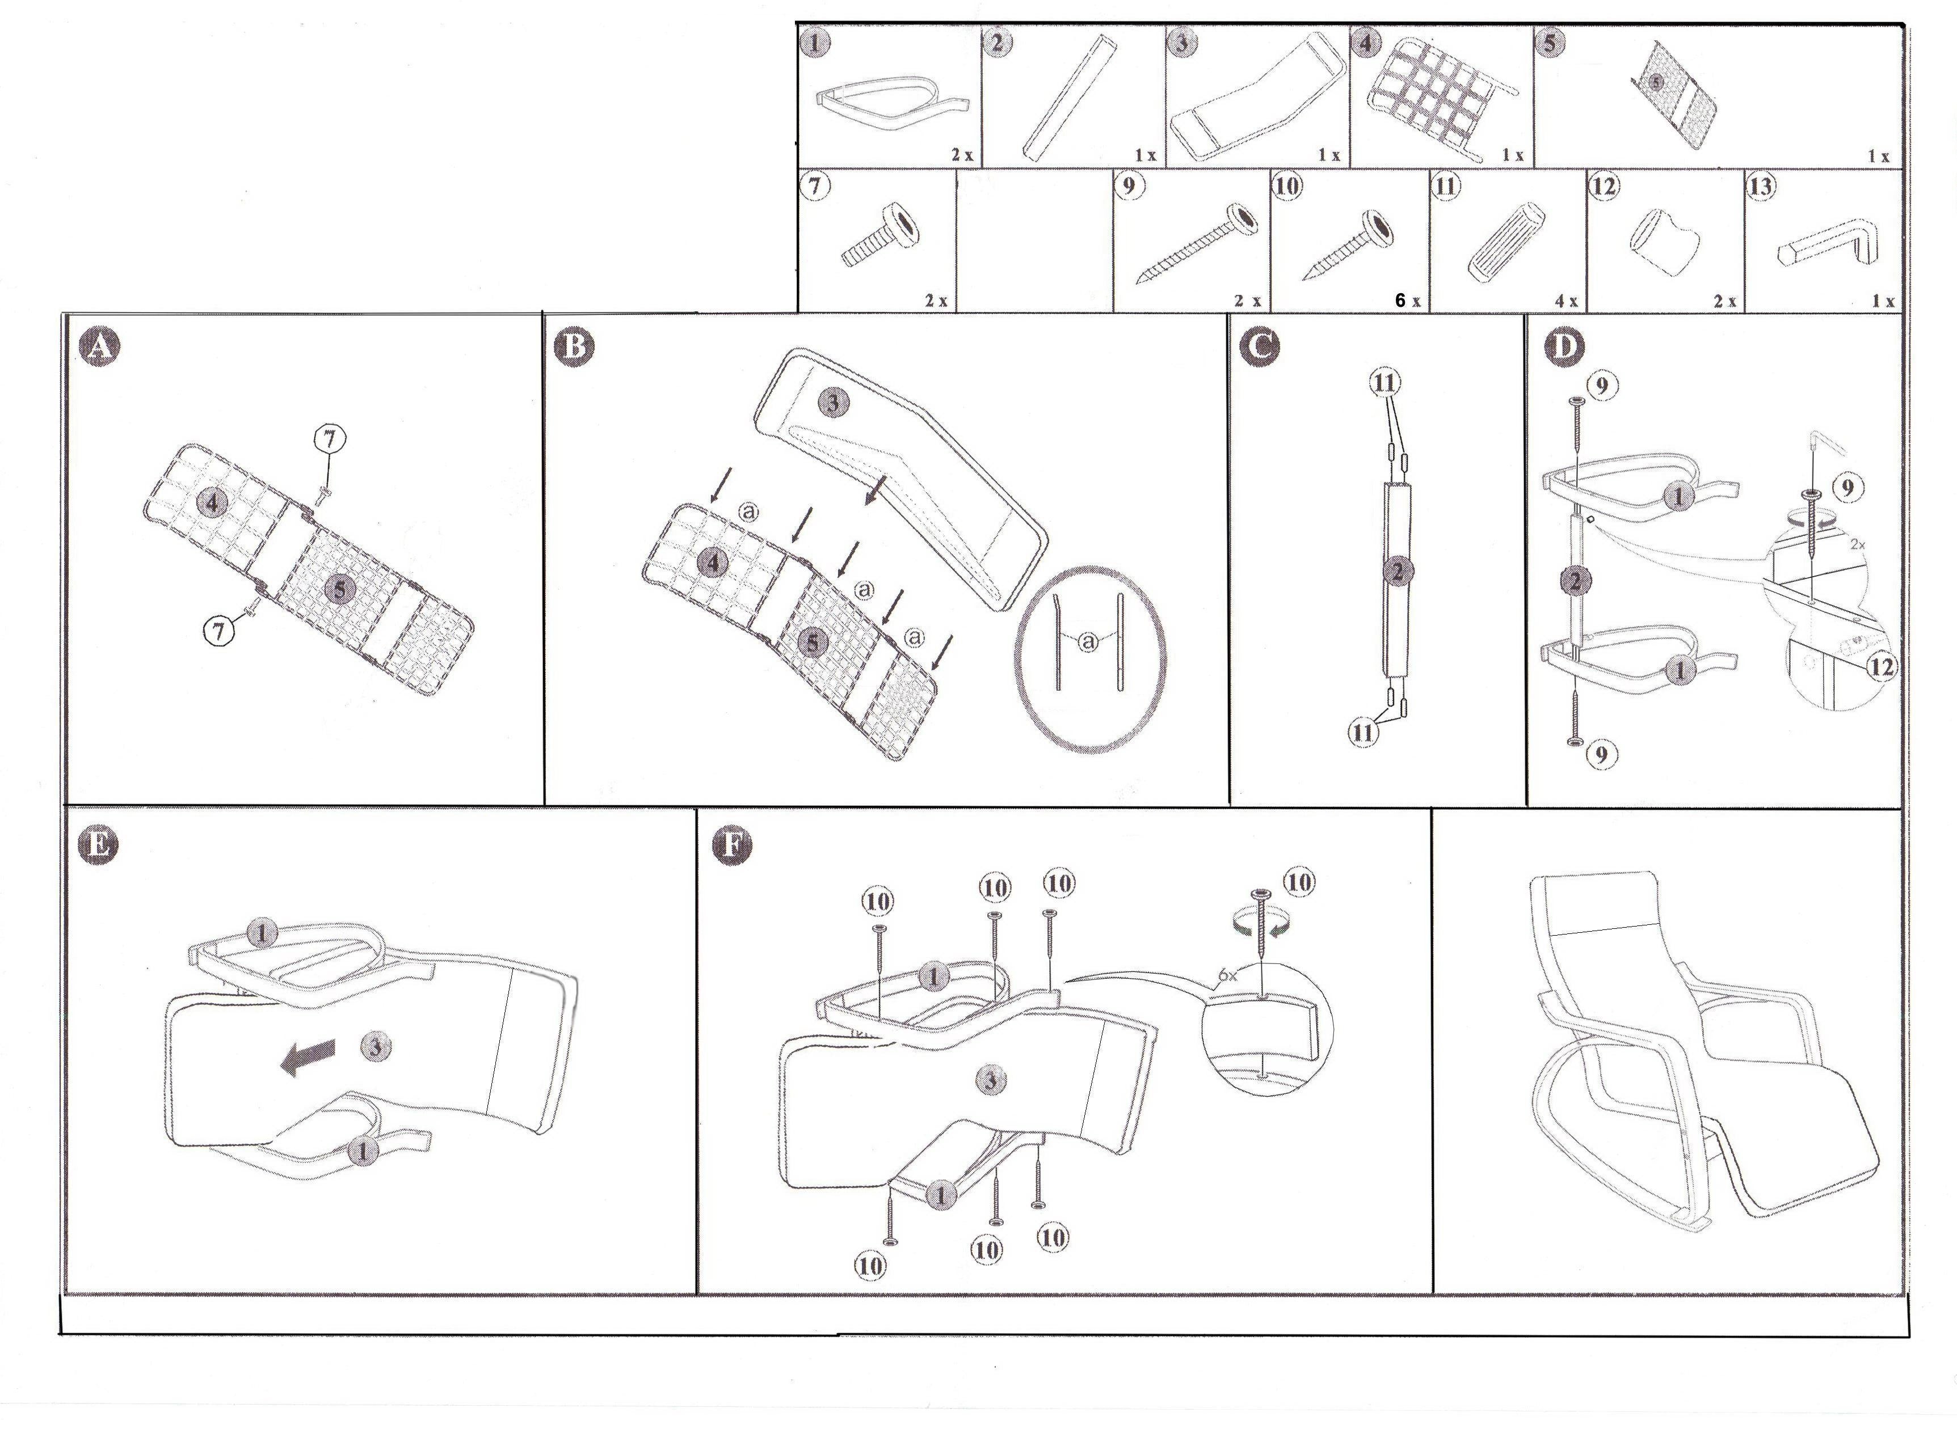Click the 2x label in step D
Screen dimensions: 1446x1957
(1857, 544)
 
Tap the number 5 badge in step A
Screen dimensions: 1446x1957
(340, 589)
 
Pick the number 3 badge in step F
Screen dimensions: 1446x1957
(990, 1080)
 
